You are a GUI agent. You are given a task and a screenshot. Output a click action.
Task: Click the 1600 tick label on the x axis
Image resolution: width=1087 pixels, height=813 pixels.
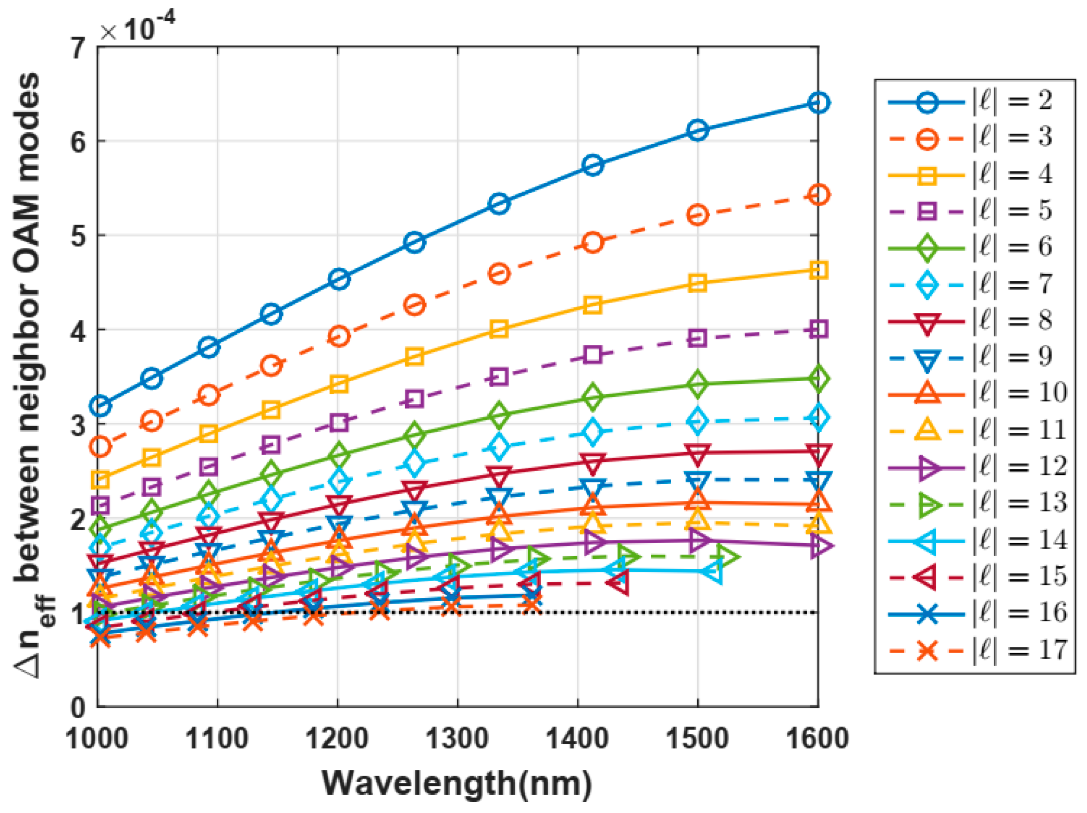[817, 739]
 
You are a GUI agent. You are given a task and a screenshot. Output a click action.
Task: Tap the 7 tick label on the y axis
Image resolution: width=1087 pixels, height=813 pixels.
[78, 49]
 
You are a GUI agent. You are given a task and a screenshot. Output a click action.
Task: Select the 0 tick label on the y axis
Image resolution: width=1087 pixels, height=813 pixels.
[78, 707]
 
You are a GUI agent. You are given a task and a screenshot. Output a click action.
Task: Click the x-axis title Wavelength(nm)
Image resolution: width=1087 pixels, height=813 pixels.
[457, 783]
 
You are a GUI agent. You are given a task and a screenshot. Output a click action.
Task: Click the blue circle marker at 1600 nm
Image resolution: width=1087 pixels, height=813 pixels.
[818, 103]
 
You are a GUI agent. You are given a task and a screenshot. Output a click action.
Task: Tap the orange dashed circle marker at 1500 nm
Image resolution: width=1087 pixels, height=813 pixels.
[698, 215]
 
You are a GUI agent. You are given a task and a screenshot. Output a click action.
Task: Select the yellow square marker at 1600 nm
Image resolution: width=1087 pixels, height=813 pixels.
[818, 270]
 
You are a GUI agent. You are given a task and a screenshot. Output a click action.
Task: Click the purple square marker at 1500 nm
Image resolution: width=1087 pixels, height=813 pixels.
[698, 339]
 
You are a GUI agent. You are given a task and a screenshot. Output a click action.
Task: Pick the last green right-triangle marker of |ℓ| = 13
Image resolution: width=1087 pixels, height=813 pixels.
[726, 557]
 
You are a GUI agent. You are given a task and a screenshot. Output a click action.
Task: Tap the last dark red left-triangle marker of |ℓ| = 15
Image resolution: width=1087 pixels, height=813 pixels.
[619, 582]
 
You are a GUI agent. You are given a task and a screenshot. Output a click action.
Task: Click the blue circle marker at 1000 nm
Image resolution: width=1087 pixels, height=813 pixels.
[100, 405]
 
